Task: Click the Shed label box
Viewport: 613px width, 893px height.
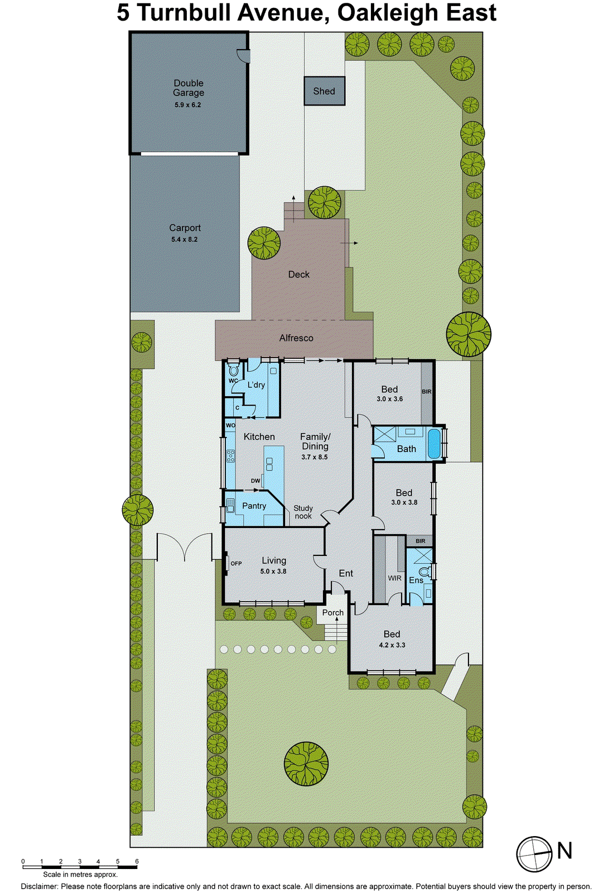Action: coord(324,91)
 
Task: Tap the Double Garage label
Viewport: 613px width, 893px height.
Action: coord(189,88)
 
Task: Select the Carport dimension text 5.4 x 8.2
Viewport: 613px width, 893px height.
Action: coord(185,239)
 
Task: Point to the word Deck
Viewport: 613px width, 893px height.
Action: coord(299,275)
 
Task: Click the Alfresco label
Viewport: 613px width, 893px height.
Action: coord(296,338)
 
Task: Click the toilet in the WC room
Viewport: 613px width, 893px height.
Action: coord(234,370)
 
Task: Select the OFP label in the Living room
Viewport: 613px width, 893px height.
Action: coord(236,564)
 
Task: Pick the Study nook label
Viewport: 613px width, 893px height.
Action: coord(303,512)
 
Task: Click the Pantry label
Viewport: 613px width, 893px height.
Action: coord(254,506)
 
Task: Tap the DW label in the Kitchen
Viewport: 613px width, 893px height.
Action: coord(255,481)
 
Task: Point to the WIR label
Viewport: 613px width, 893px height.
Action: coord(394,578)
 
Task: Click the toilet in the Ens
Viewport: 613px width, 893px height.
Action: coord(425,572)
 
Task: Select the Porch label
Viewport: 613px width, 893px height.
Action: coord(333,613)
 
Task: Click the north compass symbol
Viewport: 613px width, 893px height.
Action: coord(534,854)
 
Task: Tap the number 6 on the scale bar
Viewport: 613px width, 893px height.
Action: coord(137,862)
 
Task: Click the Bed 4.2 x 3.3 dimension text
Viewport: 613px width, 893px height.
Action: coord(392,645)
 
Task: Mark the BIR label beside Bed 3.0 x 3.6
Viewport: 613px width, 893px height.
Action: coord(427,392)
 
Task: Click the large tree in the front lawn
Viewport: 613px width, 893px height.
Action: coord(306,764)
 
